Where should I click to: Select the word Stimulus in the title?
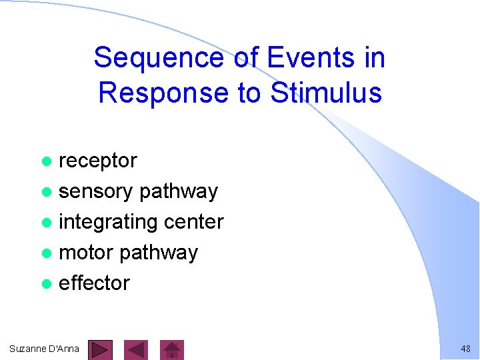tap(326, 92)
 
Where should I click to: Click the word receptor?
tap(98, 161)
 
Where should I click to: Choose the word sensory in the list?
tap(96, 191)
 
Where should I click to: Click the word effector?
tap(94, 283)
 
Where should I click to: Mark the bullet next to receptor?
tap(46, 161)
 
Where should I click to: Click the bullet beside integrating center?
tap(46, 223)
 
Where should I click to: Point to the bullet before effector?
tap(46, 284)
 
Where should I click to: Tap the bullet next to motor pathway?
tap(46, 253)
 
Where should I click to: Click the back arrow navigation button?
tap(137, 349)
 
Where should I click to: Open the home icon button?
tap(173, 349)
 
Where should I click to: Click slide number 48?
tap(465, 349)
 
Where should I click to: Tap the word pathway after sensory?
tap(179, 192)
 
